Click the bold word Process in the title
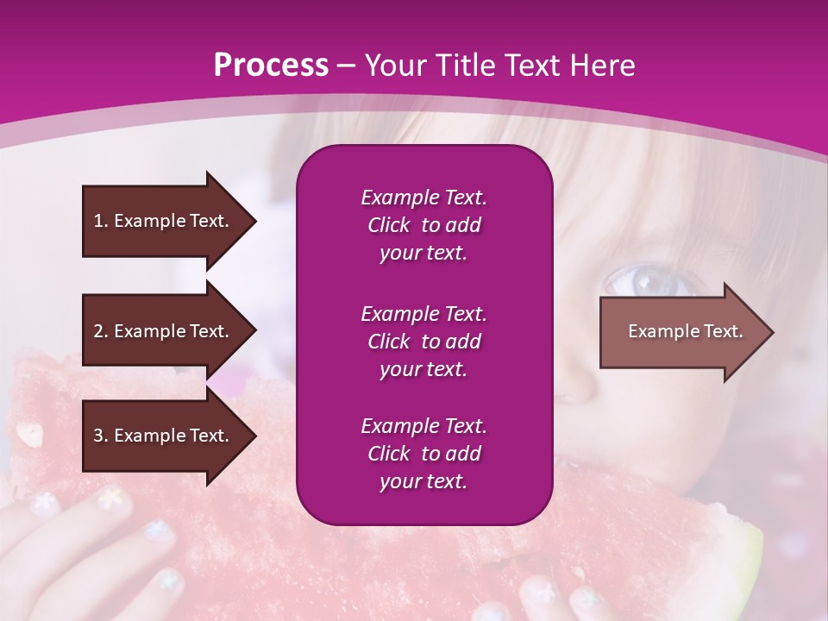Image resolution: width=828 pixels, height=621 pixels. coord(271,66)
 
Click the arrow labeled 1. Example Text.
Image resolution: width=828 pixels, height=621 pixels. coord(170,222)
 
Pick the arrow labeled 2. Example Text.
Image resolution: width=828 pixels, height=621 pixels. coord(170,330)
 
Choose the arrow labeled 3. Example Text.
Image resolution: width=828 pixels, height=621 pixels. coord(170,436)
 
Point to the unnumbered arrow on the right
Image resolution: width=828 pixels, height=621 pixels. coord(687,332)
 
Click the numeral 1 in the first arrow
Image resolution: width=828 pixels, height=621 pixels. coord(98,221)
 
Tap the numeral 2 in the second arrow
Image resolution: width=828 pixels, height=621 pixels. coord(98,331)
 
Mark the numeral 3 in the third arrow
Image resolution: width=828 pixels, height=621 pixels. coord(98,435)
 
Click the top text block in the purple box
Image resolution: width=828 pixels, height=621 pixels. coord(423,225)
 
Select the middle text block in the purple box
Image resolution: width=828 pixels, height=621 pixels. coord(423,342)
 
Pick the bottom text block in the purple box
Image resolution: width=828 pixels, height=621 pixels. coord(423,454)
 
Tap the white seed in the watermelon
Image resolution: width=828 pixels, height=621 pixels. coord(29,435)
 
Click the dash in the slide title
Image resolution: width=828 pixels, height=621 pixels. coord(346,67)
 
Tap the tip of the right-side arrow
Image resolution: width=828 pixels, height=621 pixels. coord(774,332)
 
